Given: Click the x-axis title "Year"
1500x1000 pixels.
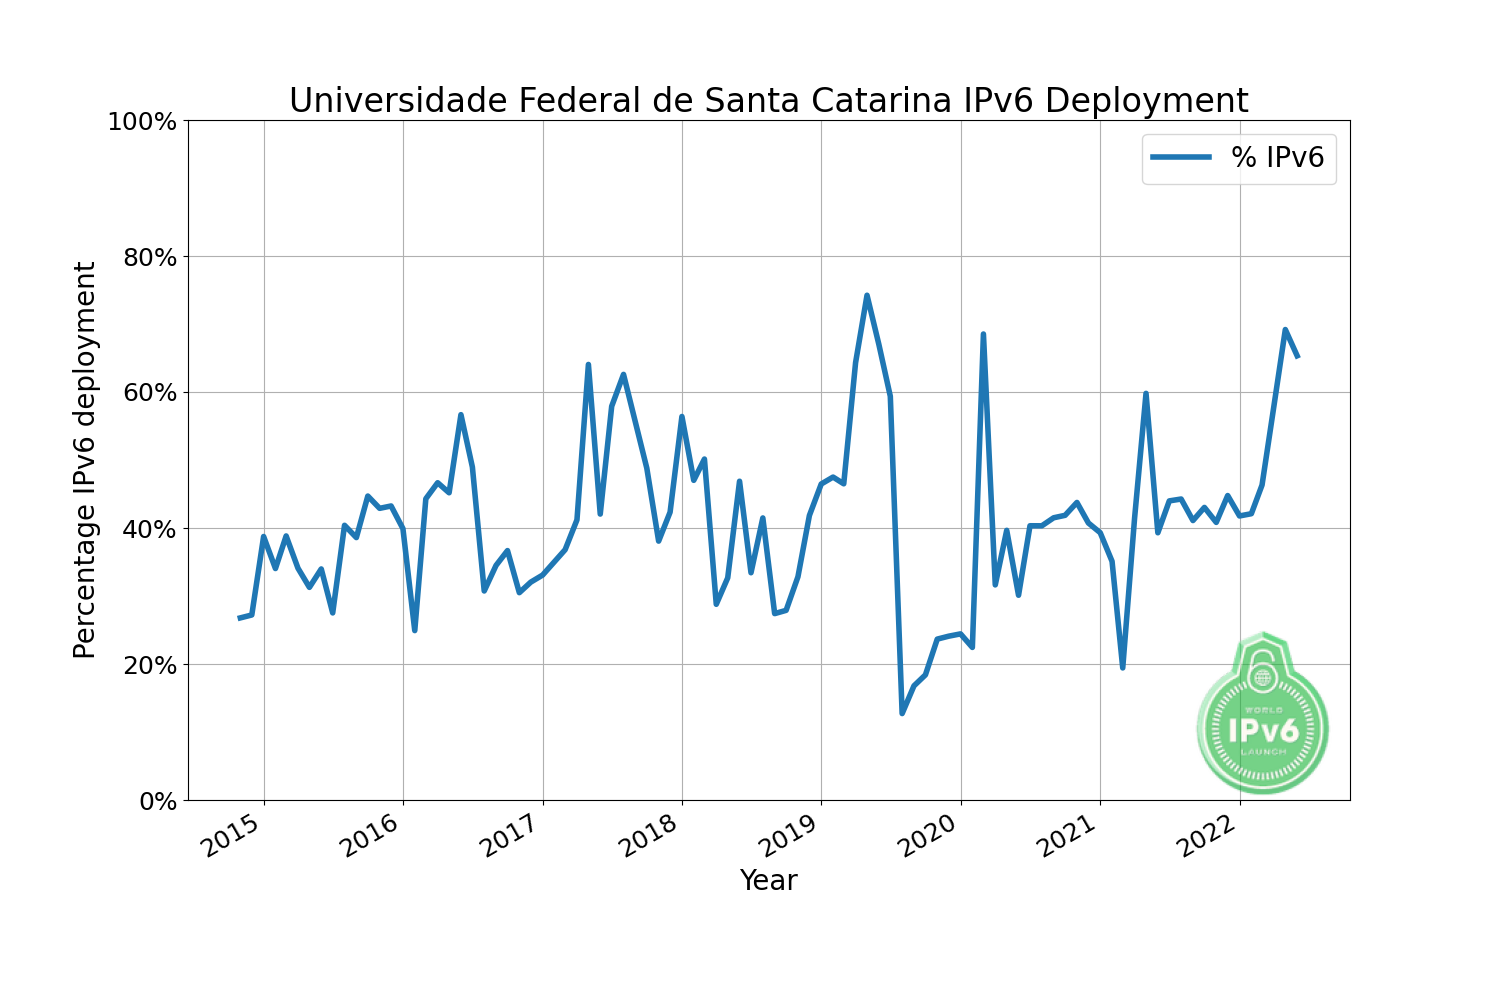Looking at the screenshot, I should point(768,881).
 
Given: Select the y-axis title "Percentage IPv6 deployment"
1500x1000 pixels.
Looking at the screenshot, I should point(85,460).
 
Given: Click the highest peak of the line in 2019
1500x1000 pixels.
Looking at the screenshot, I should point(867,295).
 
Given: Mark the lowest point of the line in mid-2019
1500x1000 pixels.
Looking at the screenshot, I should point(902,713).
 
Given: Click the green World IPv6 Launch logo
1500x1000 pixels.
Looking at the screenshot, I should point(1263,714).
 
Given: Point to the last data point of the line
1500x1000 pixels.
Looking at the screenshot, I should point(1297,356).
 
